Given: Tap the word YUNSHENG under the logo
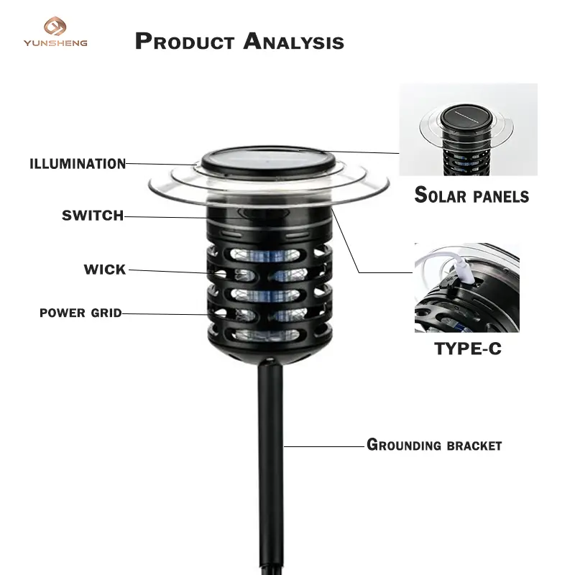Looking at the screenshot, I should coord(56,43).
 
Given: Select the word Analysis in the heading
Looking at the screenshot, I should coord(293,41).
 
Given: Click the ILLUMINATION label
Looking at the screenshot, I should coord(78,164).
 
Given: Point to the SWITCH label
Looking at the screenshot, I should coord(93,215).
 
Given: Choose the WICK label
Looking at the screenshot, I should coord(105,270).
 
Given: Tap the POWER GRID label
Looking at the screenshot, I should coord(80,313).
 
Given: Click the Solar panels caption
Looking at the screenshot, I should coord(471,195).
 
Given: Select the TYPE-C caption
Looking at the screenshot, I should coord(468,349).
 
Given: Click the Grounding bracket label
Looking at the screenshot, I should coord(434,445).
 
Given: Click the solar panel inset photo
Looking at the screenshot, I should coord(468,129).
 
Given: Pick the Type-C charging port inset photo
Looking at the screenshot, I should coord(466,287).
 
